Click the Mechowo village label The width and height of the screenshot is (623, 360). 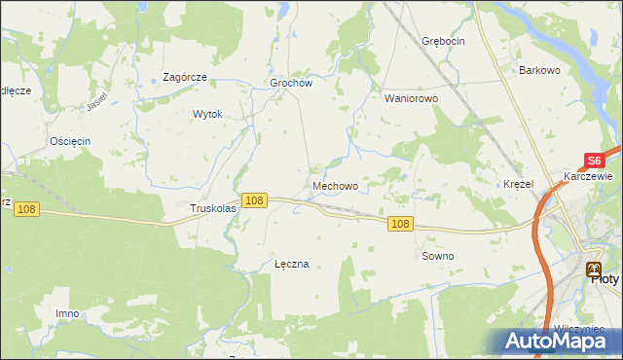pyautogui.click(x=335, y=185)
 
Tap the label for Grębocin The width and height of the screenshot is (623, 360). pyautogui.click(x=444, y=41)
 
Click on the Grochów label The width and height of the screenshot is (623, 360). pyautogui.click(x=290, y=84)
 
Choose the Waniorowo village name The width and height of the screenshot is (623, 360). pyautogui.click(x=412, y=98)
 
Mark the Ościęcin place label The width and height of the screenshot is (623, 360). pyautogui.click(x=69, y=141)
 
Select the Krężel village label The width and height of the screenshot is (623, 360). pyautogui.click(x=520, y=184)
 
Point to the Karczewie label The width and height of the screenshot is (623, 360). pyautogui.click(x=588, y=177)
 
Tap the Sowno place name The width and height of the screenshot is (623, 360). pyautogui.click(x=437, y=256)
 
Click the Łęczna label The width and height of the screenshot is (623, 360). pyautogui.click(x=292, y=264)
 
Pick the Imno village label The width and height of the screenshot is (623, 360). pyautogui.click(x=67, y=313)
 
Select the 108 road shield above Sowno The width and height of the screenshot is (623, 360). pyautogui.click(x=401, y=224)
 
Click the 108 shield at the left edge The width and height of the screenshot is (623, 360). pyautogui.click(x=26, y=209)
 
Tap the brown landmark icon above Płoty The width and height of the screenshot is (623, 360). pyautogui.click(x=592, y=269)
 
